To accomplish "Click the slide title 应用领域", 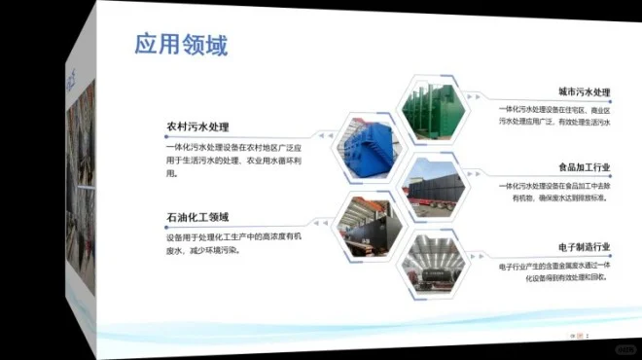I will [180, 46].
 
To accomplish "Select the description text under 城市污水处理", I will [553, 116].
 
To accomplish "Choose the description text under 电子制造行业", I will [553, 270].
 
